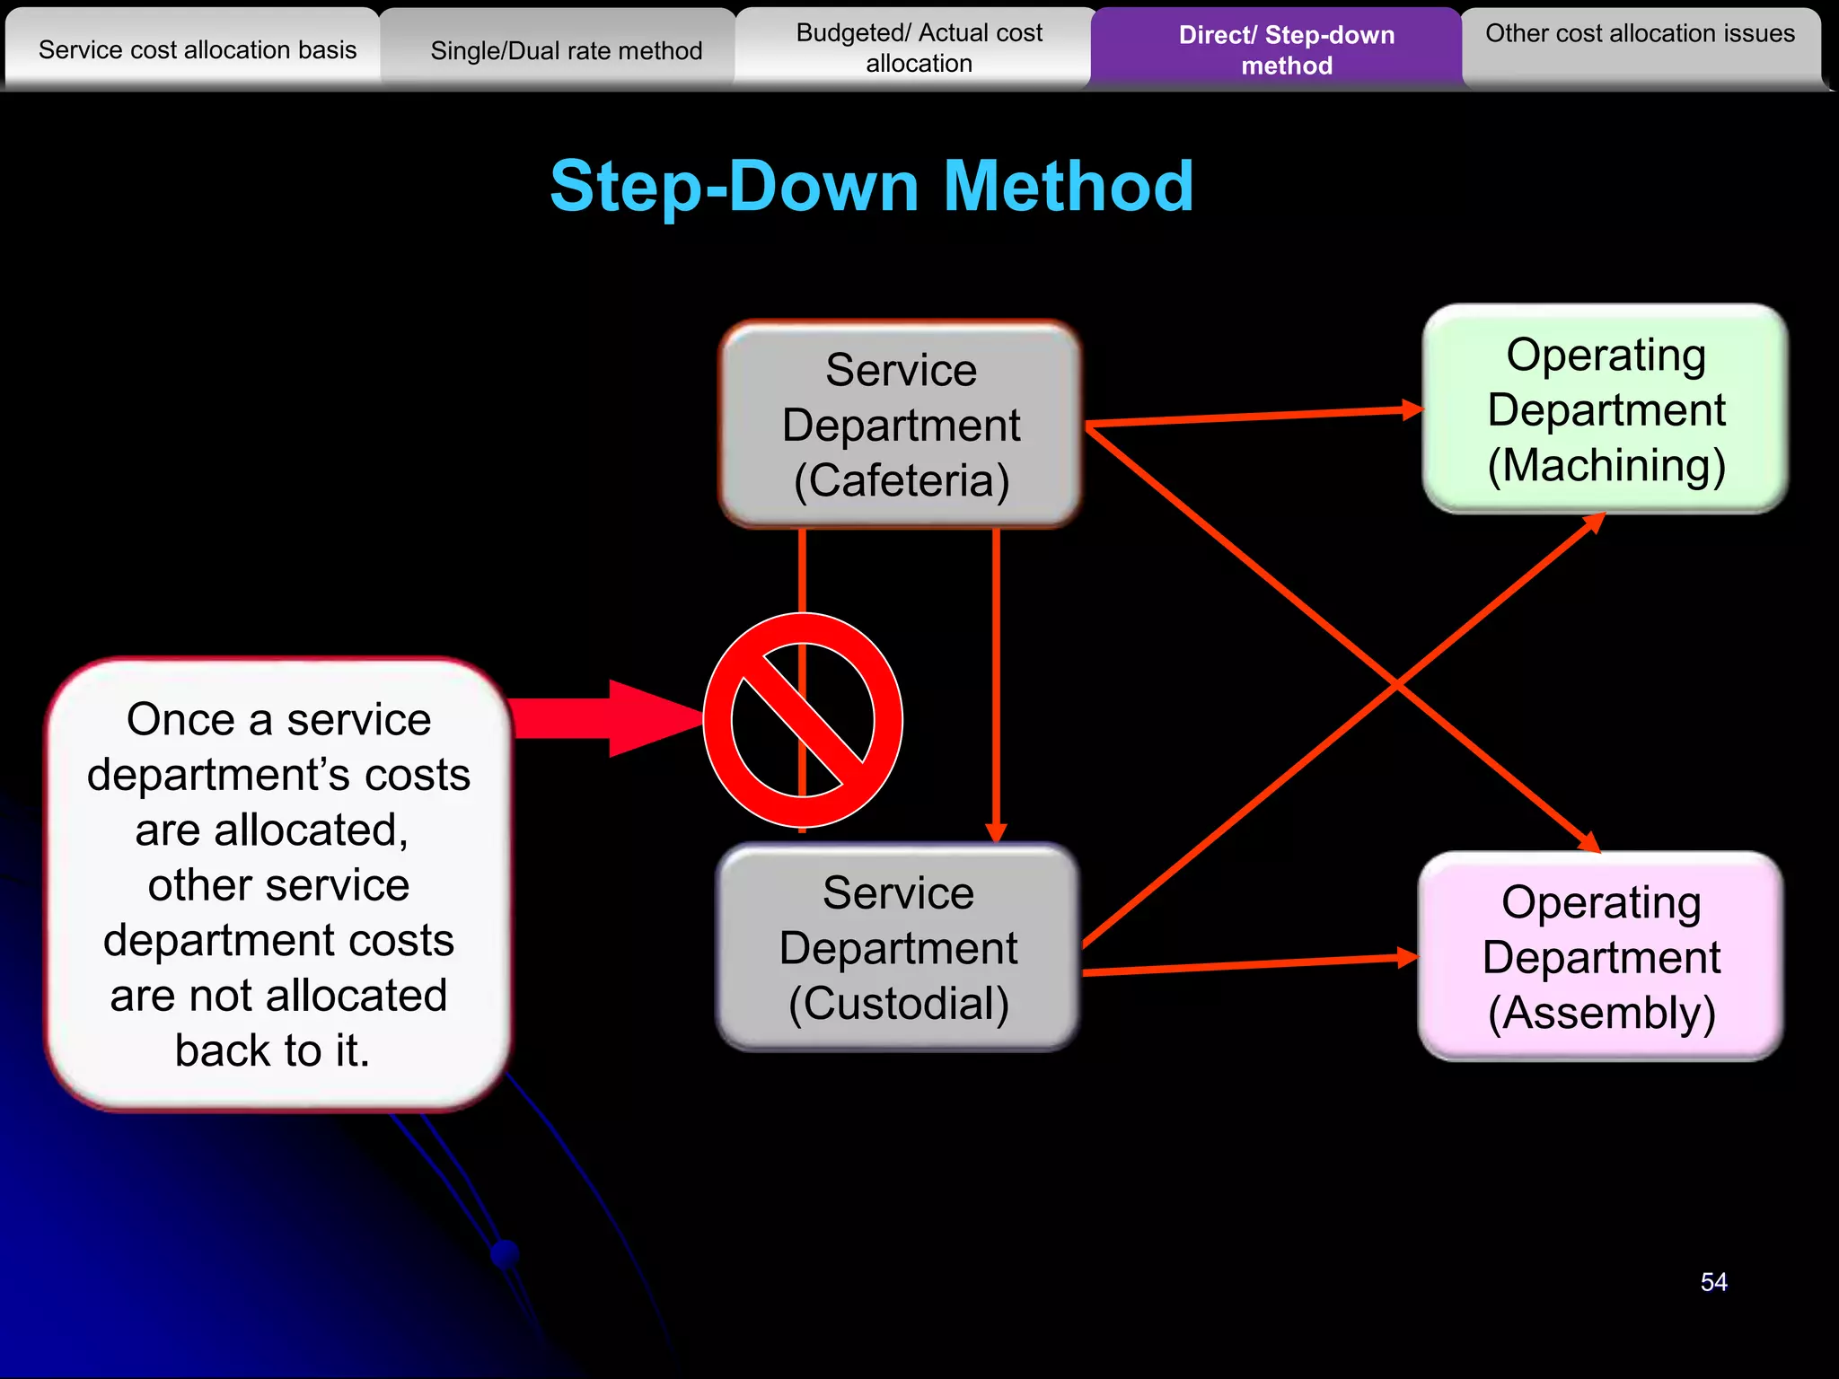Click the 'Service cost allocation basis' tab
tap(198, 49)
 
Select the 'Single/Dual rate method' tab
tap(566, 50)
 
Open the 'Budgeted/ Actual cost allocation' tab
tap(919, 48)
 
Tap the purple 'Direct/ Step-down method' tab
tap(1286, 49)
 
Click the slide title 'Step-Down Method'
tap(871, 186)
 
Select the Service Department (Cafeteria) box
tap(901, 425)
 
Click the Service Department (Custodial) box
tap(898, 948)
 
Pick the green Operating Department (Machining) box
tap(1606, 409)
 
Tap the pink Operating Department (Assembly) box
tap(1601, 957)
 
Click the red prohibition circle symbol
tap(803, 720)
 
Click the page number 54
tap(1713, 1282)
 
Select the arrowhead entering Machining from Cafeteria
tap(1412, 410)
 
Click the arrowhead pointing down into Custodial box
tap(996, 832)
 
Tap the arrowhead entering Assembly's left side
tap(1407, 958)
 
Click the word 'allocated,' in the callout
tap(272, 830)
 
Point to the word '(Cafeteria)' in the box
tap(902, 480)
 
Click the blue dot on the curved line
tap(506, 1252)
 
